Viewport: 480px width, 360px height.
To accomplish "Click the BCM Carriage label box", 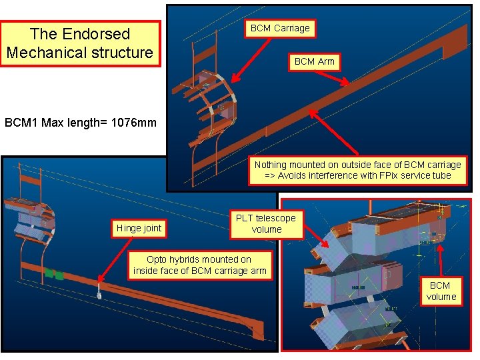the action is click(279, 28).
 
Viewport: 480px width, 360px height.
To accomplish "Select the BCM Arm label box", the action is click(315, 61).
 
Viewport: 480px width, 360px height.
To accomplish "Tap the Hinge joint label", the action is click(139, 228).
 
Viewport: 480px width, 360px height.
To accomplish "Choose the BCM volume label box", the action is click(441, 291).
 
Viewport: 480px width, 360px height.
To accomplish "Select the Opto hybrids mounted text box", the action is click(199, 265).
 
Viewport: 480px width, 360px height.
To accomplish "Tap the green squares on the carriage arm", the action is click(54, 273).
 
